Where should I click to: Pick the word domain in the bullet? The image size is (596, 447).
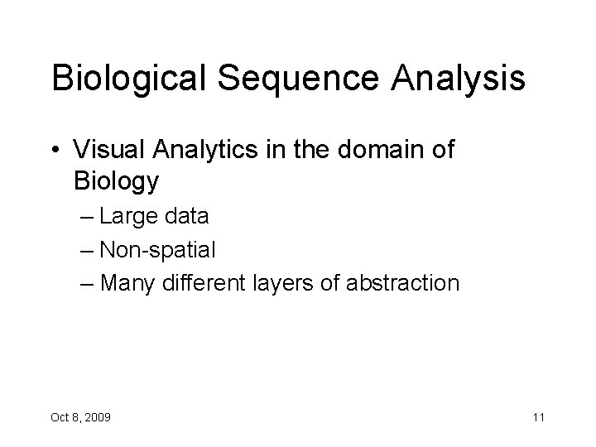[360, 151]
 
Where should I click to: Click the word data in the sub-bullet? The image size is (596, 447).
[187, 217]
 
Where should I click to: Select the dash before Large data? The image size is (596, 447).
[89, 218]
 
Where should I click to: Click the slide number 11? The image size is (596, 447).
[538, 417]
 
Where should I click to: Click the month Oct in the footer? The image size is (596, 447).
[60, 417]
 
